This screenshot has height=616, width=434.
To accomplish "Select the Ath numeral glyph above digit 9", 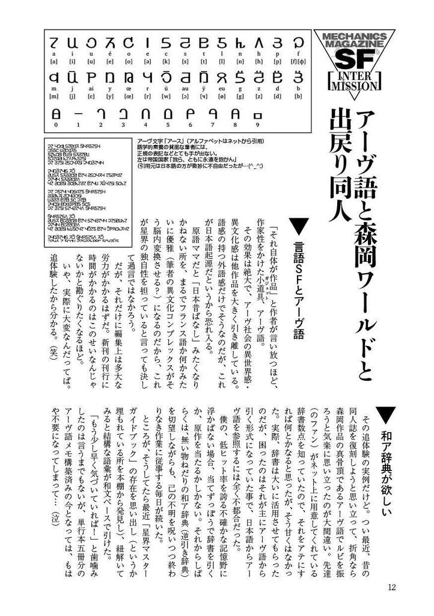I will click(x=259, y=113).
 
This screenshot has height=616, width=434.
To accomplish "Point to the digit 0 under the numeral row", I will click(x=56, y=125).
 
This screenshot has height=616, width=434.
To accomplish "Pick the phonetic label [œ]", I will click(x=129, y=96).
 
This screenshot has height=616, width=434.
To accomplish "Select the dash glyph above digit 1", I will click(x=78, y=113).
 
